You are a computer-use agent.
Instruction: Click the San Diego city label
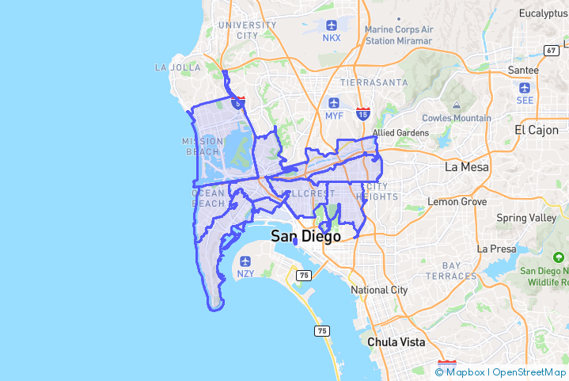[305, 236]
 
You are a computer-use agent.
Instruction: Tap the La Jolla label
[178, 67]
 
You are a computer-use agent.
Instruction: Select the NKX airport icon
[331, 25]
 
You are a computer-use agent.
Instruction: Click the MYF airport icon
[334, 103]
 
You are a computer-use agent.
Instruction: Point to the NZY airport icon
[245, 261]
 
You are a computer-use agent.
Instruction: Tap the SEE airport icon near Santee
[525, 87]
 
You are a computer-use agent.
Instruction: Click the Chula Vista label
[396, 342]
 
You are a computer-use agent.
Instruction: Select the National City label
[380, 290]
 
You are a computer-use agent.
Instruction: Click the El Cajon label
[536, 129]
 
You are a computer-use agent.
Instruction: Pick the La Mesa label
[466, 167]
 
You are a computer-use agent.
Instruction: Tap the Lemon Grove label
[457, 202]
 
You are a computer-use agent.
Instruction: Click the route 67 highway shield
[551, 51]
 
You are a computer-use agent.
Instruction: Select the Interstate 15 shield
[362, 114]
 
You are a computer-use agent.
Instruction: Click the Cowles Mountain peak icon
[456, 105]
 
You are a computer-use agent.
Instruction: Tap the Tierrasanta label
[374, 82]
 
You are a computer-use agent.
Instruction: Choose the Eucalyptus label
[544, 13]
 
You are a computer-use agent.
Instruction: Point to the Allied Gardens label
[400, 132]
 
